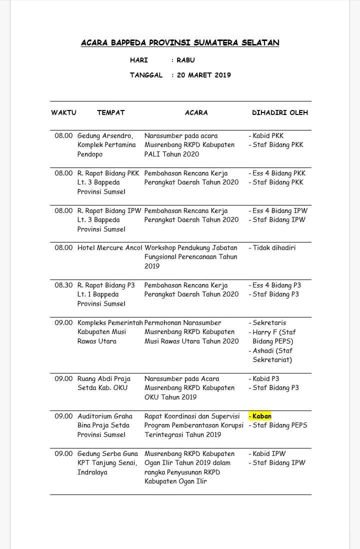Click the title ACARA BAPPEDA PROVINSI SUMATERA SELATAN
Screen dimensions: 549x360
click(x=180, y=43)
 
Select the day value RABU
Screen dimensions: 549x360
click(x=185, y=60)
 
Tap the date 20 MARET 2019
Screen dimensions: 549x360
click(x=204, y=75)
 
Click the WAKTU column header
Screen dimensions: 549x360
click(x=63, y=113)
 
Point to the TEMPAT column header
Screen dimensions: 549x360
click(x=110, y=113)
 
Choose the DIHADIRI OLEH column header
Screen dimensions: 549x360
click(x=279, y=113)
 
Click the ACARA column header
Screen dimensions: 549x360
click(x=196, y=113)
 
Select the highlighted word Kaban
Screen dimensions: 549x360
click(x=262, y=416)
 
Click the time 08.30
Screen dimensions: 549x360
click(x=63, y=285)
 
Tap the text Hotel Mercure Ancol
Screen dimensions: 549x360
click(x=110, y=248)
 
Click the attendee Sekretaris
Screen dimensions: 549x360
click(x=269, y=323)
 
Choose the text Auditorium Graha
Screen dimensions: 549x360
click(x=105, y=416)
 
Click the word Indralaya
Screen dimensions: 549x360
click(x=92, y=472)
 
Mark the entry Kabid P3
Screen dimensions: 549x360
click(x=266, y=379)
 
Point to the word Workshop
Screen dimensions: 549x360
click(x=160, y=248)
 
